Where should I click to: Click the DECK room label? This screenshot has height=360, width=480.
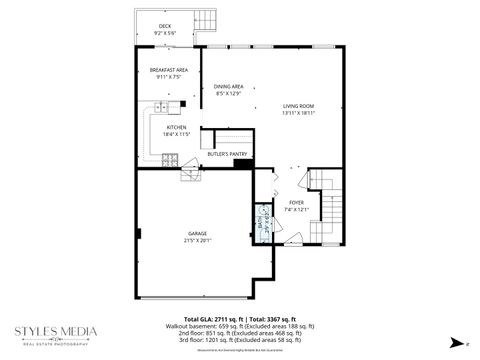(x=165, y=26)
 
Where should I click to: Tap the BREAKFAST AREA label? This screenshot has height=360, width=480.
(x=170, y=69)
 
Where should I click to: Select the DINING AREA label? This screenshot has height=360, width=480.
(x=229, y=87)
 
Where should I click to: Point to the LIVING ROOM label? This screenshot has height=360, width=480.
(x=298, y=106)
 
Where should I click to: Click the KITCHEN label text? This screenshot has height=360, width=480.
(x=177, y=128)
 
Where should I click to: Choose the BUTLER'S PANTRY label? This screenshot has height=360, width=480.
(x=227, y=154)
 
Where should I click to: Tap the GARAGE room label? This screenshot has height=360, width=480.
(x=197, y=233)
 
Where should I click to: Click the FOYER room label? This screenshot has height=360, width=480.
(x=297, y=202)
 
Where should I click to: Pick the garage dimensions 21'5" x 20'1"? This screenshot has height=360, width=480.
(x=197, y=240)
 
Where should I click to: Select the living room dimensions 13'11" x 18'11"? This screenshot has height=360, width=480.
(x=298, y=113)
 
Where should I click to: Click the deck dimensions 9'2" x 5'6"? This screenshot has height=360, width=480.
(x=165, y=33)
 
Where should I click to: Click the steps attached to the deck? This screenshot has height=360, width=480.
(x=206, y=21)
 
